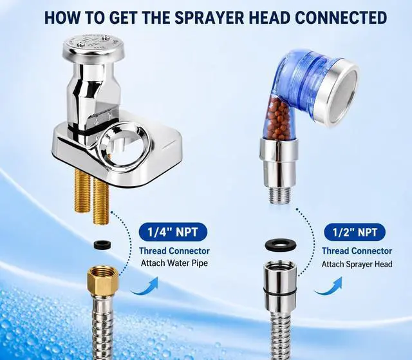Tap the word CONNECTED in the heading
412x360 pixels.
tap(341, 17)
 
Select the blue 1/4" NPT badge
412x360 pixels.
tap(173, 232)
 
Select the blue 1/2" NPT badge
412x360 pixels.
tap(355, 232)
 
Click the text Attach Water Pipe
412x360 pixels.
tap(174, 263)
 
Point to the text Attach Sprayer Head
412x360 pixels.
tap(357, 264)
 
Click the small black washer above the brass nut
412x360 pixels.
tap(102, 244)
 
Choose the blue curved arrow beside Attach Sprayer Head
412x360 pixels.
tap(328, 287)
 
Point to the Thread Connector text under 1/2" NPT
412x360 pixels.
tap(357, 251)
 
